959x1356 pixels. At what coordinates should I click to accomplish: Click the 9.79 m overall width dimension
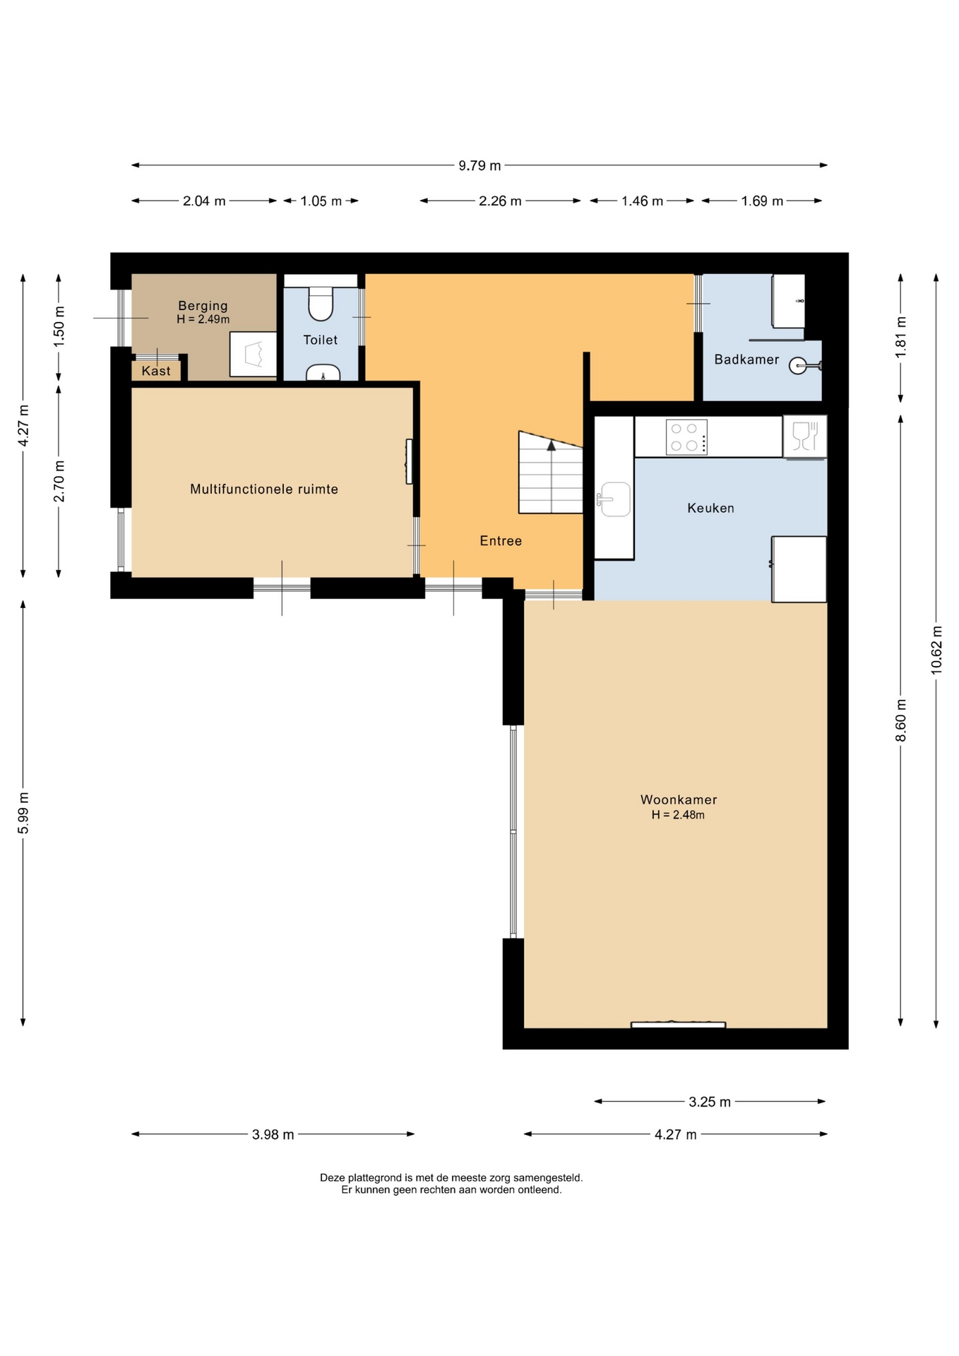(x=480, y=165)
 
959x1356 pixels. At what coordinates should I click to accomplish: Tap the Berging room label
(x=203, y=306)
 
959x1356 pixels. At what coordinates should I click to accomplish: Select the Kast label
(x=156, y=371)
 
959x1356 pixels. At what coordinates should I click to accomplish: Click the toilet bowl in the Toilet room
(x=321, y=303)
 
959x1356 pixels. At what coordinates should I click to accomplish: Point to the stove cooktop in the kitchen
(x=686, y=437)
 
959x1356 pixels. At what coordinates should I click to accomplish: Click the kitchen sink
(x=614, y=499)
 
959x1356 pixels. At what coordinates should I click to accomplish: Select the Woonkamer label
(x=679, y=799)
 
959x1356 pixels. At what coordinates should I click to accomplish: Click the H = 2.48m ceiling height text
(x=678, y=815)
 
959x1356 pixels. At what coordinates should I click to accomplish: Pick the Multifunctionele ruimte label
(x=264, y=489)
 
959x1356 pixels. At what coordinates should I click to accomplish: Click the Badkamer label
(x=746, y=359)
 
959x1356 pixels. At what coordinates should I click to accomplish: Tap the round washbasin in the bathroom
(x=799, y=365)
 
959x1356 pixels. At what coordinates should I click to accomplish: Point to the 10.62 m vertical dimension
(x=936, y=650)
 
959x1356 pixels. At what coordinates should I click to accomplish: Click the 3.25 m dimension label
(x=710, y=1102)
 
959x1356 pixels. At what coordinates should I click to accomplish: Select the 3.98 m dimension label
(x=273, y=1135)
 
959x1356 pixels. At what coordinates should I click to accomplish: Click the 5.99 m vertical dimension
(x=23, y=813)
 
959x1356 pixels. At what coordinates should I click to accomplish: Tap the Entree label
(x=501, y=541)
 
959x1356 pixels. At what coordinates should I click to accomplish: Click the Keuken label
(x=710, y=508)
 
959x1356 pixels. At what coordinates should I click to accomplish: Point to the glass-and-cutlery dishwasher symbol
(x=804, y=436)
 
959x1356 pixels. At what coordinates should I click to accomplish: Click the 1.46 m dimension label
(x=642, y=201)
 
